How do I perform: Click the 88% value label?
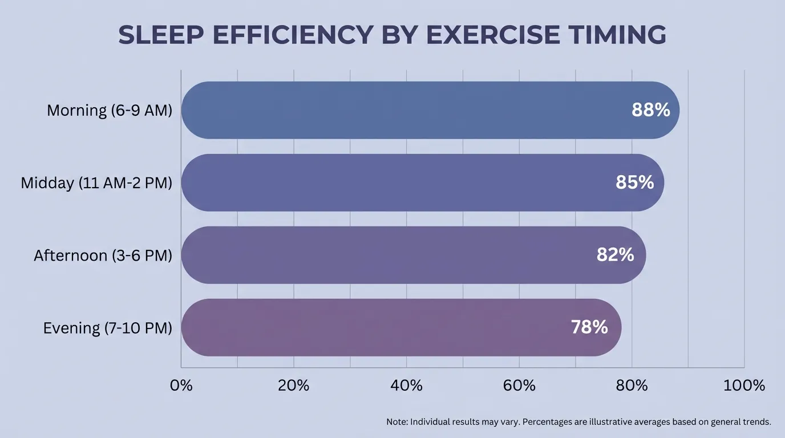[650, 110]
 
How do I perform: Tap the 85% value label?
[634, 182]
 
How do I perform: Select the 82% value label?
[615, 255]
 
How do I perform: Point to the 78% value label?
[589, 327]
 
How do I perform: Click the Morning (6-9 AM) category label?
[109, 110]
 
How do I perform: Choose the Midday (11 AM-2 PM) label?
[96, 182]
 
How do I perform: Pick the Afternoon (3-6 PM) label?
[103, 255]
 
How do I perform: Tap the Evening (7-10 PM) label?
[107, 328]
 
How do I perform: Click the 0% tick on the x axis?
[181, 386]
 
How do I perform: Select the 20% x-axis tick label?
[294, 386]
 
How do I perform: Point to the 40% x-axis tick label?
[406, 386]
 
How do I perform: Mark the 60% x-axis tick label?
[519, 386]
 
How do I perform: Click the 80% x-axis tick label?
[632, 386]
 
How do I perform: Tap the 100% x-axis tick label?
[744, 386]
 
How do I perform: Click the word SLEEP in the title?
[163, 35]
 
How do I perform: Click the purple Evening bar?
[371, 327]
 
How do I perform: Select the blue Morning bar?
[399, 110]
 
